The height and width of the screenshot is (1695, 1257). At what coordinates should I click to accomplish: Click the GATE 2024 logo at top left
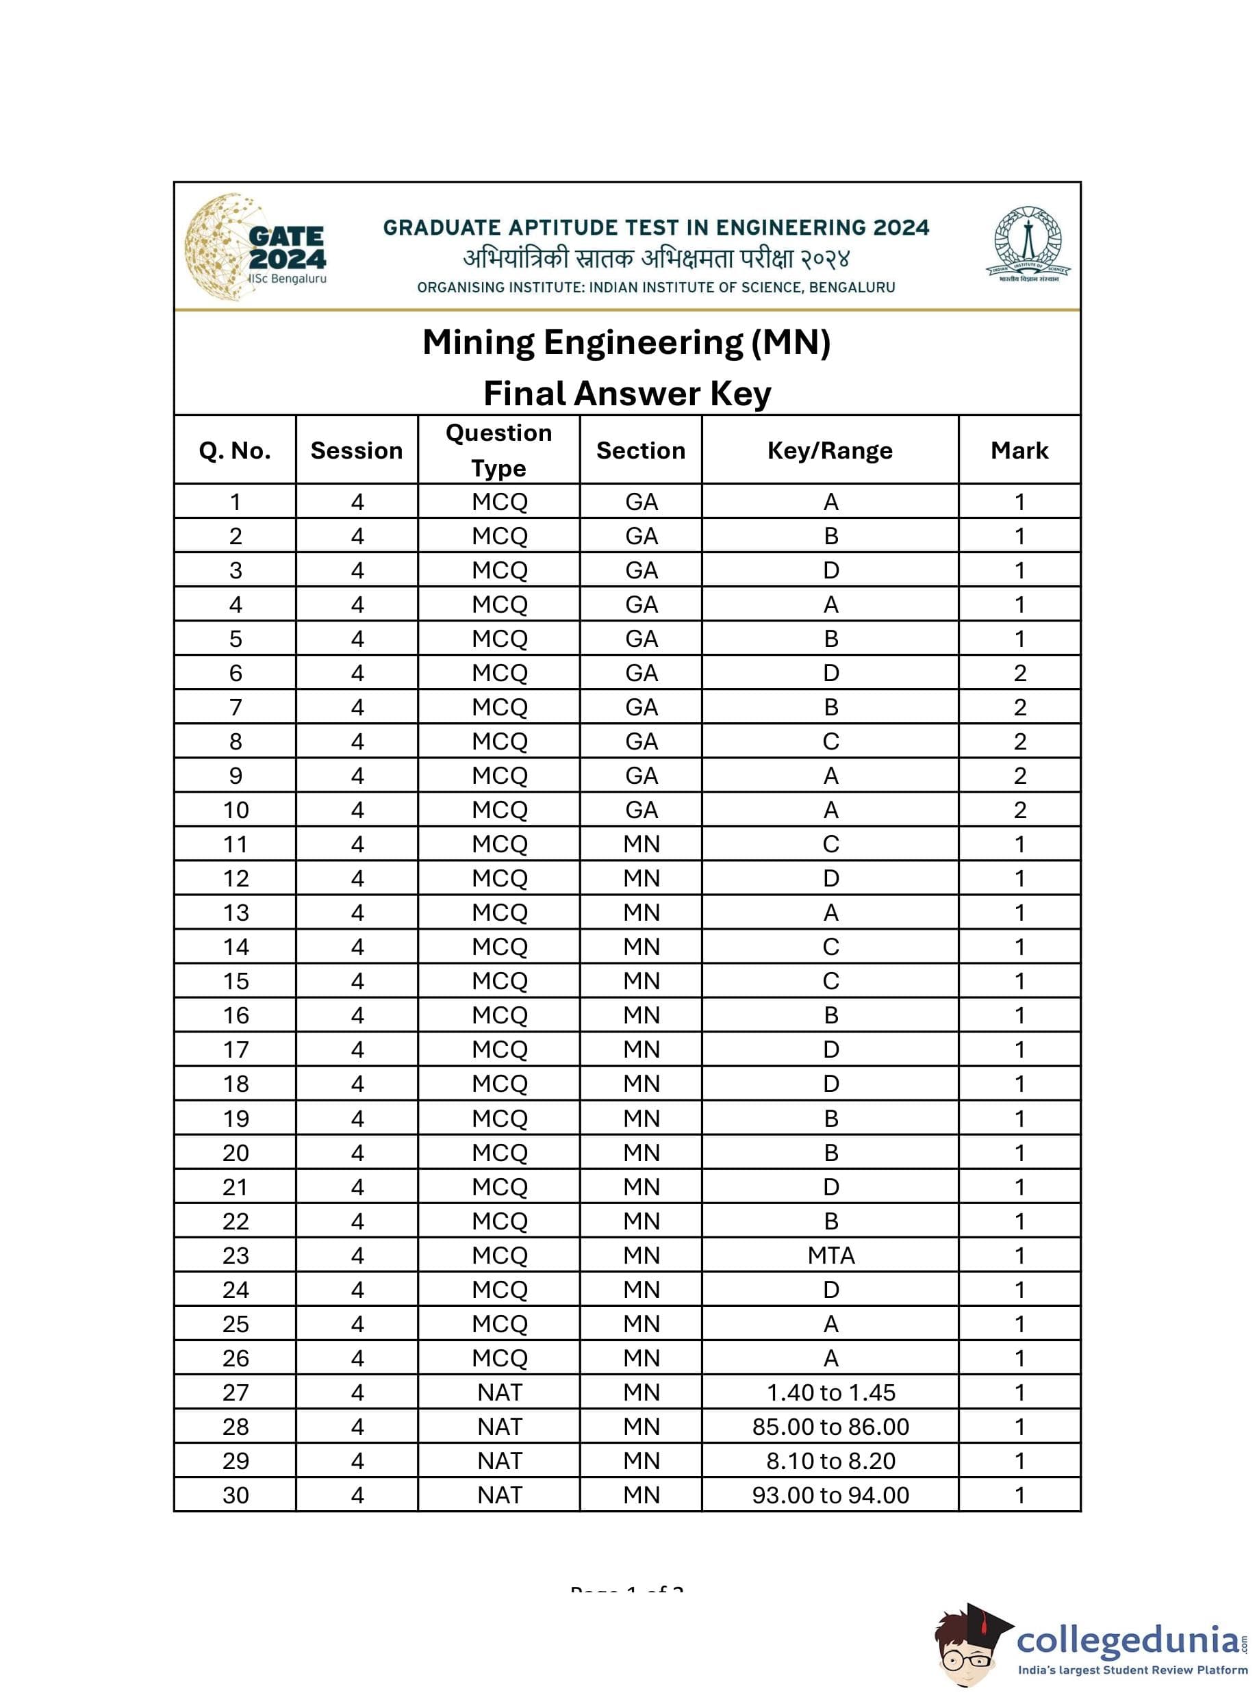(255, 247)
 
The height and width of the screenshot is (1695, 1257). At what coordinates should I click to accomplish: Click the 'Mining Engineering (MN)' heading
(626, 342)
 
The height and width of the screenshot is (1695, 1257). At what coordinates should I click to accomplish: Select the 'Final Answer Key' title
(627, 394)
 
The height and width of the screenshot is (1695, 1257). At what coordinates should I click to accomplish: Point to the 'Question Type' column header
(498, 450)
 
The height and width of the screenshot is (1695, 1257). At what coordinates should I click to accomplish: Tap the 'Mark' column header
(1019, 450)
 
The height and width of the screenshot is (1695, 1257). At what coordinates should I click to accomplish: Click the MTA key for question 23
(830, 1256)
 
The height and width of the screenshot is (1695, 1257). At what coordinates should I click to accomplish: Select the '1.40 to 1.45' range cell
(830, 1392)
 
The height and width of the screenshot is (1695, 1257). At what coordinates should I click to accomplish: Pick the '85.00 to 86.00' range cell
(830, 1427)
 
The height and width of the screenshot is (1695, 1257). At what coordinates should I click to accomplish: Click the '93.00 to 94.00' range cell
(830, 1495)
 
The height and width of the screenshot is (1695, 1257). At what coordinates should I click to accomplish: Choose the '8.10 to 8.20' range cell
(830, 1461)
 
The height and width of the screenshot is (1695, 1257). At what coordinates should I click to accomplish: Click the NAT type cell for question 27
(499, 1392)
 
